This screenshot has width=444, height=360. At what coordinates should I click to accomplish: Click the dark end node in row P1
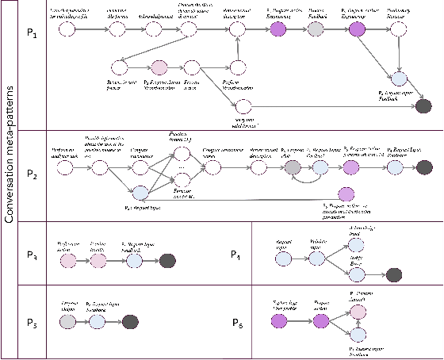pos(423,107)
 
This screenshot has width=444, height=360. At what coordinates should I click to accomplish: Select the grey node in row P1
pos(316,29)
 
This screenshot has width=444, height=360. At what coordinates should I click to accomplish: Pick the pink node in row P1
pos(159,67)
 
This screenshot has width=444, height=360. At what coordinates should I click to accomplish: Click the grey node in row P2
pos(294,167)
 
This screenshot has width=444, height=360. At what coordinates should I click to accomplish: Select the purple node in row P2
pos(345,193)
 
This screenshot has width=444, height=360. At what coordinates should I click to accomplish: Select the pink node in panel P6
pos(358,312)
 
